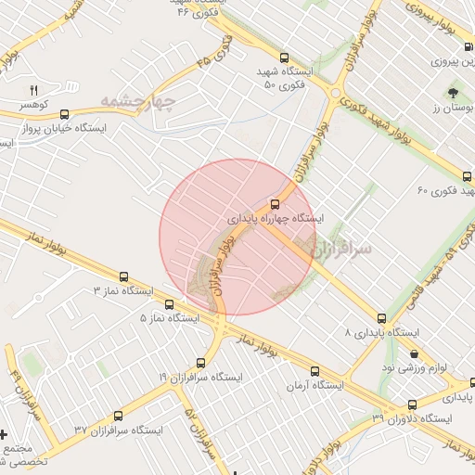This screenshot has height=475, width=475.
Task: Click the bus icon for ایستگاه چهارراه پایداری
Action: pyautogui.click(x=275, y=204)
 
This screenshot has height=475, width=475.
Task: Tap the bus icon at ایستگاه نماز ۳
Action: pyautogui.click(x=123, y=276)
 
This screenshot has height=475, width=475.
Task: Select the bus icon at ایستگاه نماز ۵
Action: pyautogui.click(x=169, y=304)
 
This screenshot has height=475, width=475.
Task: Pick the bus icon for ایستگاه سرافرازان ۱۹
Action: pyautogui.click(x=200, y=363)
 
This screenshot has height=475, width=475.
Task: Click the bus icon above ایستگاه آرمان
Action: pyautogui.click(x=315, y=371)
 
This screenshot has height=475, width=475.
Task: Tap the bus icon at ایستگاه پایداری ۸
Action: pyautogui.click(x=381, y=318)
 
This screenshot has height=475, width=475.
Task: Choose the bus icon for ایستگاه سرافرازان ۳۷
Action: pyautogui.click(x=79, y=429)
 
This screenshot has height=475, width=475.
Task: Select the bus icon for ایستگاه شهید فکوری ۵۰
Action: pyautogui.click(x=284, y=57)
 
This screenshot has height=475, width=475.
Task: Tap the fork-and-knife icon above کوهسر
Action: pyautogui.click(x=34, y=90)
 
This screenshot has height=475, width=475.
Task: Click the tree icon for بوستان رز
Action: pyautogui.click(x=453, y=93)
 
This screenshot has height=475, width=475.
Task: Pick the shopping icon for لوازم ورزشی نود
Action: pyautogui.click(x=413, y=353)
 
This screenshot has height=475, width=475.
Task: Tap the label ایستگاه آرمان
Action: pyautogui.click(x=315, y=385)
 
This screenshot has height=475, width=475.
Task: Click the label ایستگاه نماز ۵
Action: pyautogui.click(x=169, y=318)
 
